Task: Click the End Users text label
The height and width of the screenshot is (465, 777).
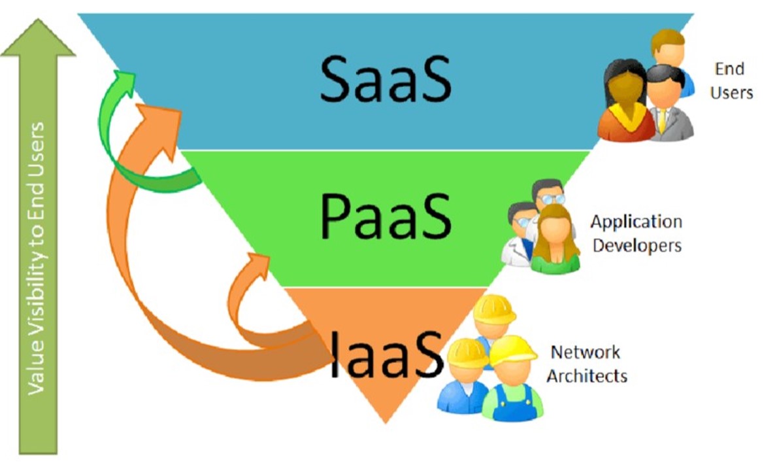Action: (731, 80)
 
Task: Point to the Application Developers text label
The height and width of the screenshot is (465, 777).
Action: (636, 233)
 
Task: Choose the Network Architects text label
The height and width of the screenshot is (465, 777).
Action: (586, 364)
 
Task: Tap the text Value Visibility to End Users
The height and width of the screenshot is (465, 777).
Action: (37, 258)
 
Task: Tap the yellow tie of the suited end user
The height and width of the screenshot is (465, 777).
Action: (663, 121)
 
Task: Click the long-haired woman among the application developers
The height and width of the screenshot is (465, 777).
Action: (555, 239)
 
